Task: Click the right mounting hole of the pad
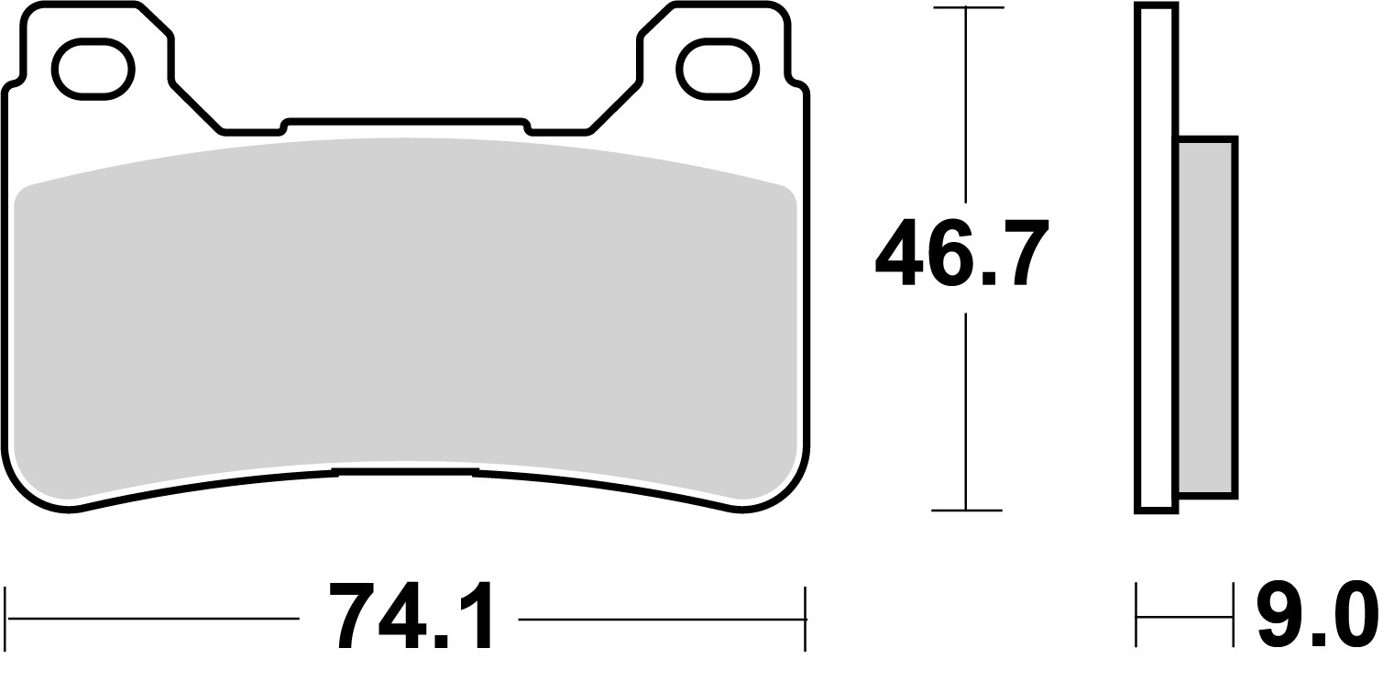pos(715,69)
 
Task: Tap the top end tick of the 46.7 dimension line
pos(966,8)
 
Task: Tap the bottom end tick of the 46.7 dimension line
pos(966,510)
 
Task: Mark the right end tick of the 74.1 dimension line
pos(805,620)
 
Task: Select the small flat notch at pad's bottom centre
pos(404,471)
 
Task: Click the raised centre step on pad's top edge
pos(406,120)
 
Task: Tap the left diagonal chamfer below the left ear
pos(196,105)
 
